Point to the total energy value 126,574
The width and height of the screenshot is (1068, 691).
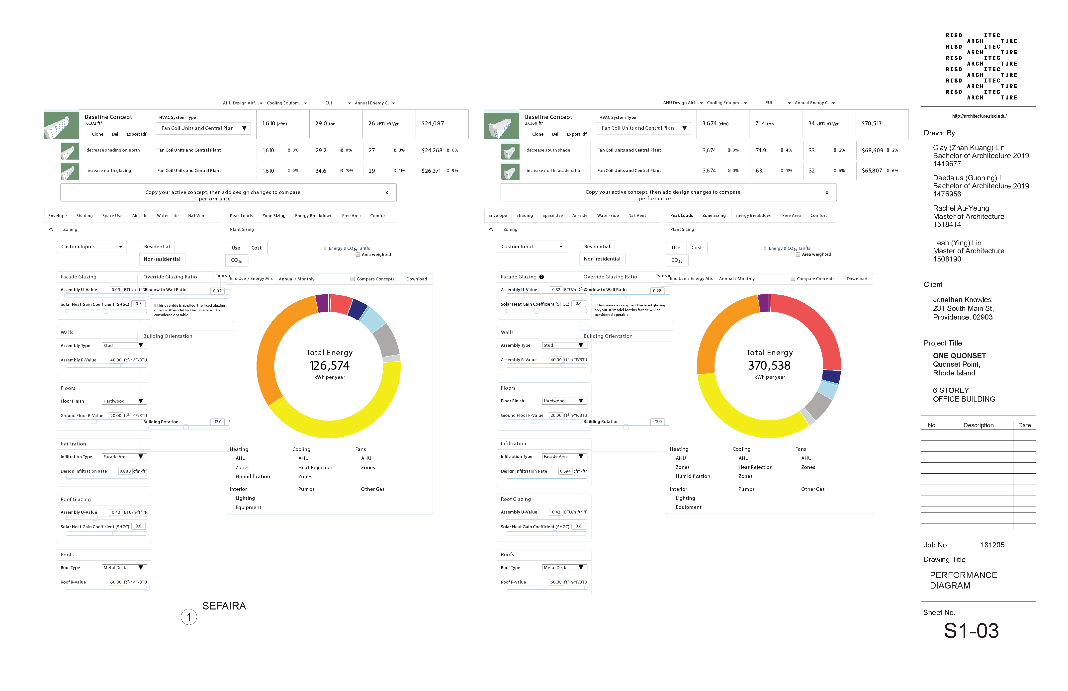329,366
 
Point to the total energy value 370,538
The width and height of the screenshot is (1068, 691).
769,366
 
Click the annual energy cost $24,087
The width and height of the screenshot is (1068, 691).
433,123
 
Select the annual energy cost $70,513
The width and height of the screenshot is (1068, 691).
872,123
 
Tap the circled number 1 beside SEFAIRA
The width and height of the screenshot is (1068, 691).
189,617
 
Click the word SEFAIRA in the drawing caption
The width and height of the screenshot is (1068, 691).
224,606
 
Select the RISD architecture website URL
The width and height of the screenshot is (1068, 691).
979,116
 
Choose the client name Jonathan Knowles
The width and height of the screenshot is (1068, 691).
962,300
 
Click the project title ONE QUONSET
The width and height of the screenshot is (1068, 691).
959,355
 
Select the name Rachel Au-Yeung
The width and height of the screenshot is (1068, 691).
961,208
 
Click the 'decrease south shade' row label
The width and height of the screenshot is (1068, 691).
548,150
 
